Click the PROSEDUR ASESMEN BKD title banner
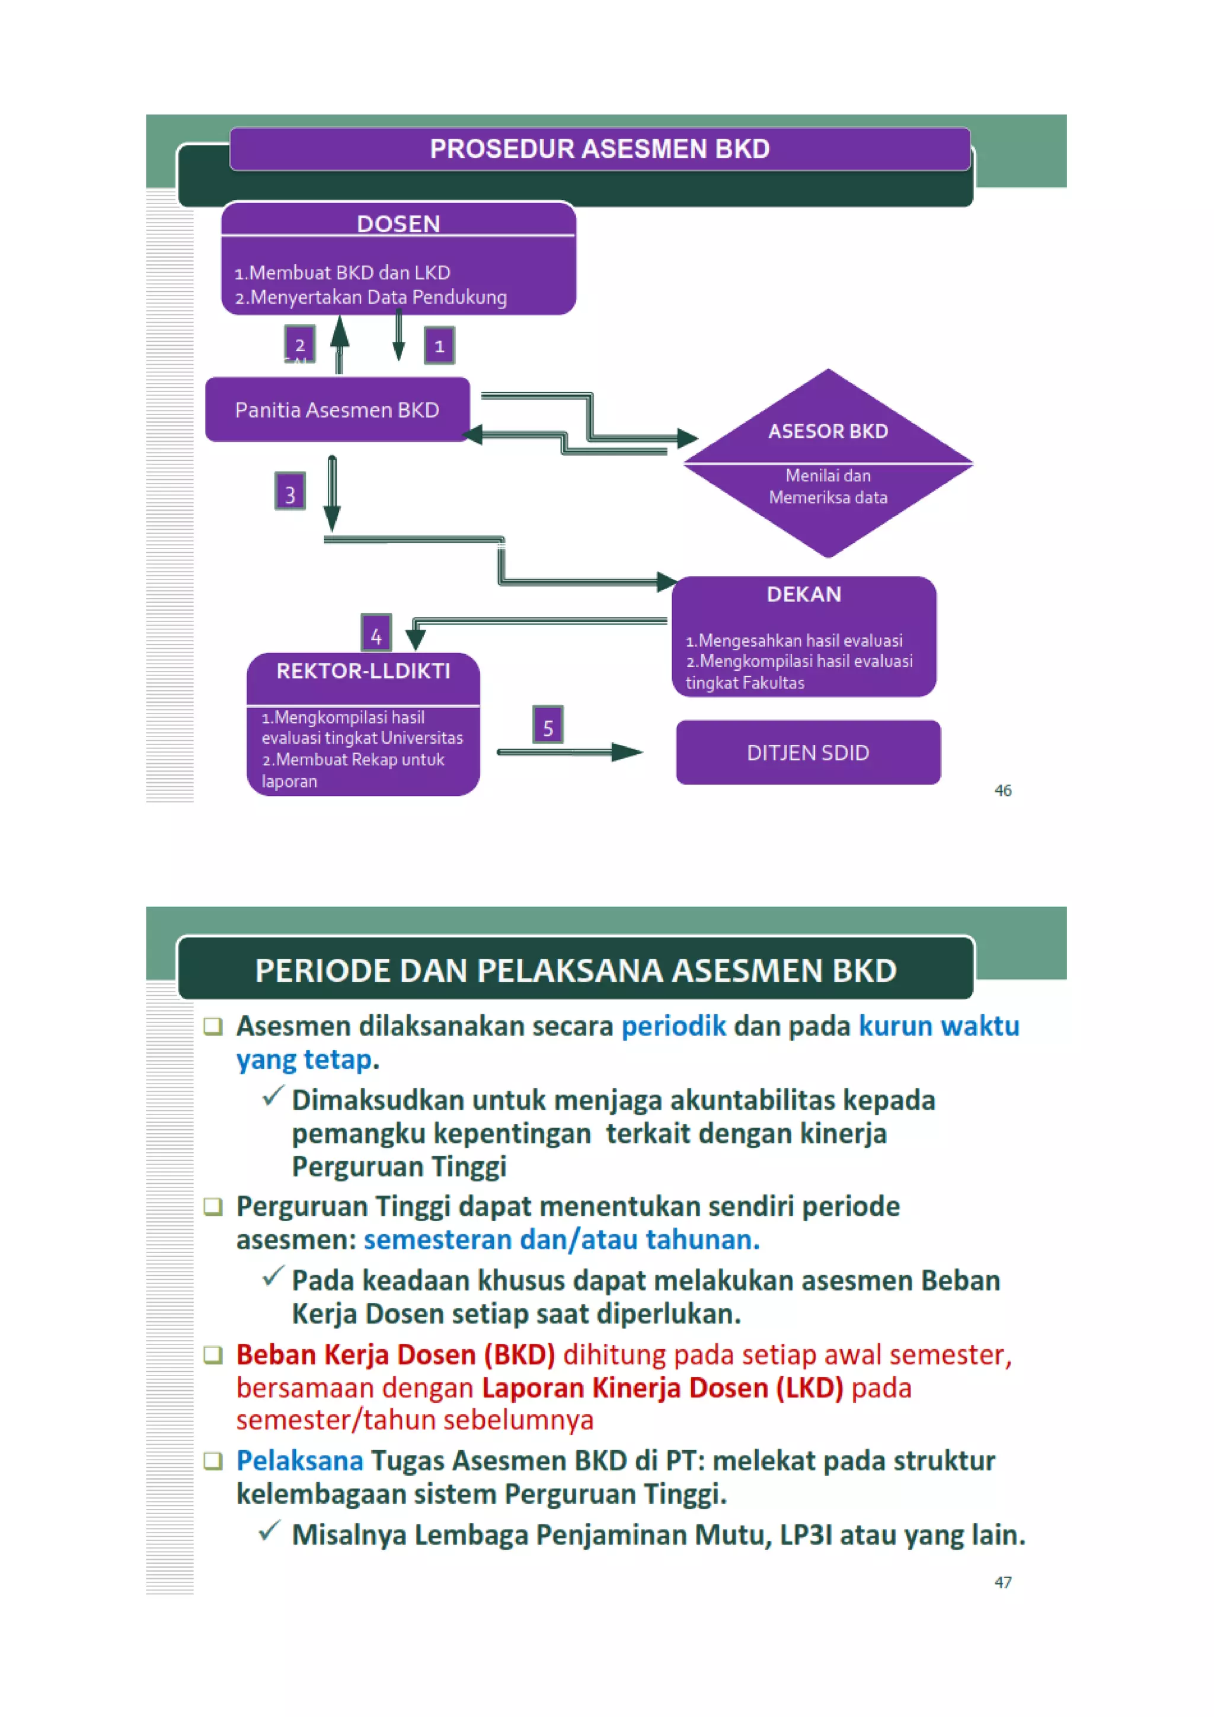click(x=599, y=149)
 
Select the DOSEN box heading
click(x=398, y=223)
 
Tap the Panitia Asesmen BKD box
click(x=337, y=410)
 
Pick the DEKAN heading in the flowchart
click(x=804, y=594)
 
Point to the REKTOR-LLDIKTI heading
click(x=363, y=671)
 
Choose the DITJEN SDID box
click(x=808, y=752)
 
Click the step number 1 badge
click(x=440, y=346)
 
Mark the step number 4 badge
click(x=376, y=634)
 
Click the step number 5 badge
click(x=548, y=725)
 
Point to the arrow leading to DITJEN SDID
click(x=570, y=752)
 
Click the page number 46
click(x=1002, y=791)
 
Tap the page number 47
click(x=1002, y=1582)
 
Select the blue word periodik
click(x=673, y=1026)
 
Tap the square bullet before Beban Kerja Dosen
click(x=213, y=1354)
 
